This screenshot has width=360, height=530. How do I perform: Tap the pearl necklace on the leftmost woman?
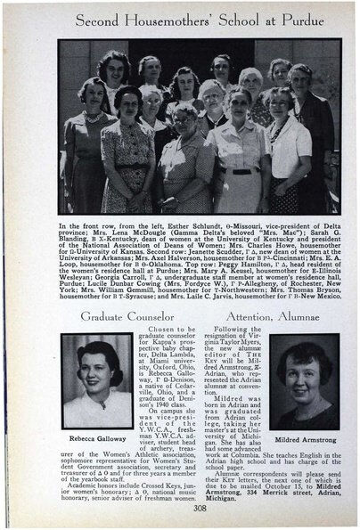(92, 117)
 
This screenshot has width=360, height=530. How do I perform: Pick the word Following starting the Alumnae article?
(233, 330)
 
